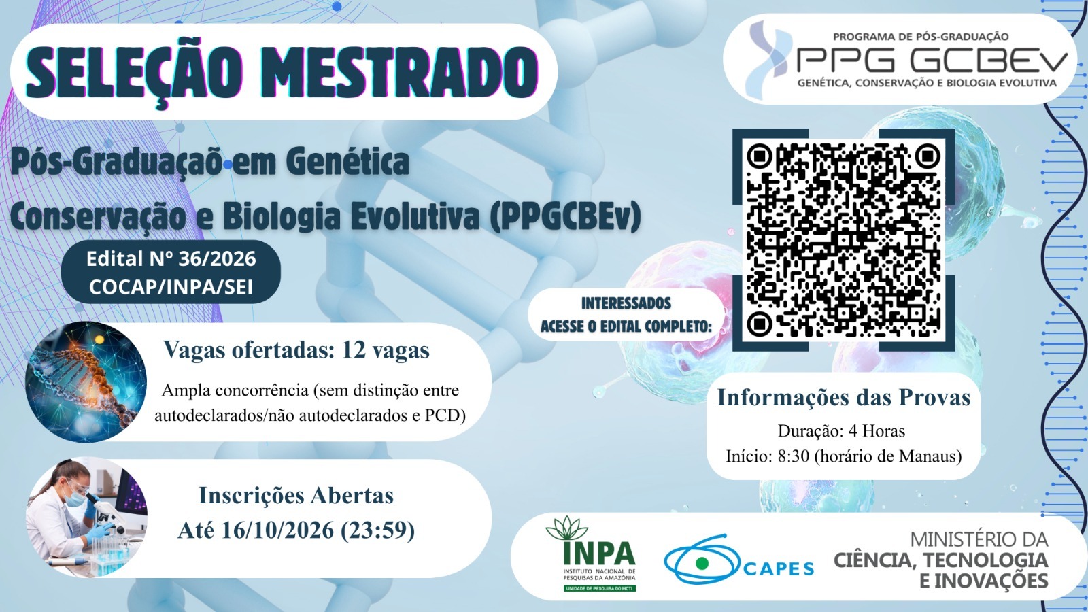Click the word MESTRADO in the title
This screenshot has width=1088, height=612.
click(404, 71)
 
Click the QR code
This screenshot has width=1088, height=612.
click(844, 239)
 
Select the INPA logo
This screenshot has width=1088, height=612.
click(599, 554)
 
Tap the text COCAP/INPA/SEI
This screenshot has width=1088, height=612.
click(171, 287)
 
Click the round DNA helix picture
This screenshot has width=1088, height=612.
click(86, 381)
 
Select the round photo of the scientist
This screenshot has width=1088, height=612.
click(86, 517)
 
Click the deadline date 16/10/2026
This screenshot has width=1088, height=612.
click(277, 530)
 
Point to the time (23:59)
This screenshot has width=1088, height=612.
click(377, 530)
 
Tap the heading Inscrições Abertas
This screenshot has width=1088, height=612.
click(296, 496)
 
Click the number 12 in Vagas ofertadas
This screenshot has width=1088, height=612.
click(354, 350)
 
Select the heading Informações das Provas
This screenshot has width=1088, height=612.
click(844, 397)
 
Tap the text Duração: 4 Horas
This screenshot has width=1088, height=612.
click(842, 431)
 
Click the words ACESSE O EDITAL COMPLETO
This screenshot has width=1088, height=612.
click(626, 326)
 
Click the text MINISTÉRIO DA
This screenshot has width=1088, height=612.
click(979, 540)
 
